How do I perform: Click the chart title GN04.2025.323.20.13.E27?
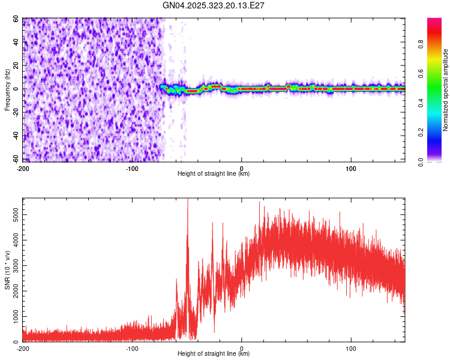pyautogui.click(x=214, y=5)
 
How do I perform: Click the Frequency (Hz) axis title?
pyautogui.click(x=7, y=90)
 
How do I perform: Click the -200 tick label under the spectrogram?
pyautogui.click(x=23, y=169)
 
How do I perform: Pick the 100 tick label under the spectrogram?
pyautogui.click(x=351, y=169)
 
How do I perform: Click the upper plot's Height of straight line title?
pyautogui.click(x=214, y=174)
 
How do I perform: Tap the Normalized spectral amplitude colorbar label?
pyautogui.click(x=445, y=90)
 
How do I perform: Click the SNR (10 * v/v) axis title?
pyautogui.click(x=7, y=270)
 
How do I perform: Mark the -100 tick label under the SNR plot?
pyautogui.click(x=132, y=349)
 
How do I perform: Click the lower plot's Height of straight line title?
pyautogui.click(x=214, y=354)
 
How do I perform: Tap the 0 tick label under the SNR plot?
pyautogui.click(x=242, y=349)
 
